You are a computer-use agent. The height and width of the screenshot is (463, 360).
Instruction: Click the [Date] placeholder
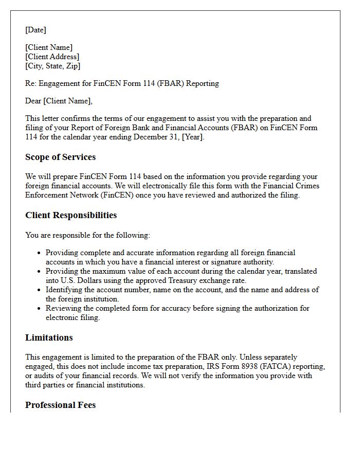tap(35, 30)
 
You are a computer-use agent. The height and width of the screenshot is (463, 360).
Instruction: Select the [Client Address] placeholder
tap(52, 57)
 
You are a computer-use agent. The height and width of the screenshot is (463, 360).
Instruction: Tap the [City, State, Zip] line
tap(53, 66)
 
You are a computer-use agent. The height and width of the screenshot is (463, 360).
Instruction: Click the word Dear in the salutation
tap(33, 101)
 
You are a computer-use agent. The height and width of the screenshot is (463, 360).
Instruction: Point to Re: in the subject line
tap(31, 83)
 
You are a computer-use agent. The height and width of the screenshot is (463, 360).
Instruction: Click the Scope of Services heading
tap(60, 157)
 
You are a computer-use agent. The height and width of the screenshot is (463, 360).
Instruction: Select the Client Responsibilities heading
tap(71, 216)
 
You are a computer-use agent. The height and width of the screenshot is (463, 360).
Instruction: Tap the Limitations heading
tap(49, 338)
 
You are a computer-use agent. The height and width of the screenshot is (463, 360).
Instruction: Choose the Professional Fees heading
tap(60, 405)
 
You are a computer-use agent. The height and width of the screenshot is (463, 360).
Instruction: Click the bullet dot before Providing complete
tap(39, 253)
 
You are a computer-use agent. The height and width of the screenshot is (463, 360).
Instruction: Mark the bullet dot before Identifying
tap(39, 290)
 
